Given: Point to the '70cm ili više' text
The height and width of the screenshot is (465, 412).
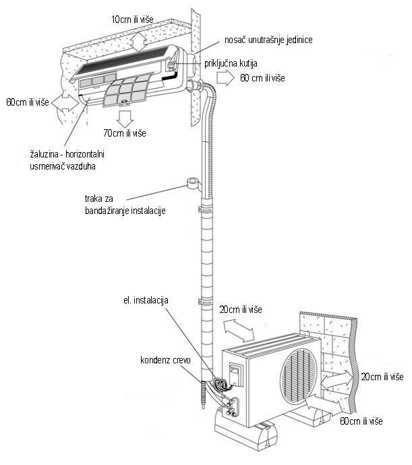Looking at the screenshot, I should [126, 133].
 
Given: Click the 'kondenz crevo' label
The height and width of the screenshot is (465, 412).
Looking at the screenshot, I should [165, 361].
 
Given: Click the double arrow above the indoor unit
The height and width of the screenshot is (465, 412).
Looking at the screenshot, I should [138, 41].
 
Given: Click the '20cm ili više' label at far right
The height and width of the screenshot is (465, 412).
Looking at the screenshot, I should [382, 375].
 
